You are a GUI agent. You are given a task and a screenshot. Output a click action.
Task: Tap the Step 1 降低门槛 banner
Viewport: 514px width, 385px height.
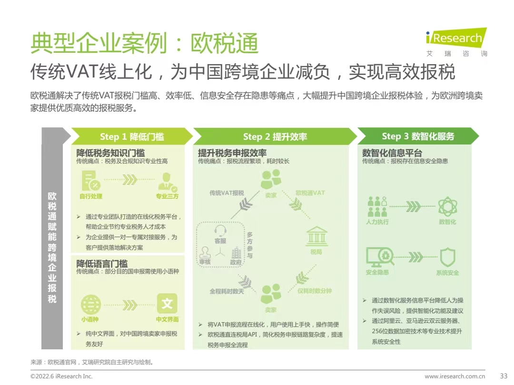pos(132,137)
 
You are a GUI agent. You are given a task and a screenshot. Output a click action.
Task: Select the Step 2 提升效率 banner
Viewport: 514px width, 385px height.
pos(275,137)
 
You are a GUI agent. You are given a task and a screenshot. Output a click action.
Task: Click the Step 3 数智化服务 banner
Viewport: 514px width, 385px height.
pos(418,136)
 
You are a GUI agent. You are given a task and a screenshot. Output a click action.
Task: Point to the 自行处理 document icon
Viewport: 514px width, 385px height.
pos(90,181)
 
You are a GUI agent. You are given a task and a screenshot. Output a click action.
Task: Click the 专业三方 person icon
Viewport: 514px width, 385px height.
pos(167,181)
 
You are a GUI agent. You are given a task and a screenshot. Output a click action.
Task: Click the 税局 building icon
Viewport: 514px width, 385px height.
pos(316,237)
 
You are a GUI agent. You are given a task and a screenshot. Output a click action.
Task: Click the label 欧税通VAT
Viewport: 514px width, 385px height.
pos(310,193)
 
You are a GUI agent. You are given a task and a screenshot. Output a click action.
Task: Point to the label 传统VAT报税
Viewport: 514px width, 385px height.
pos(227,193)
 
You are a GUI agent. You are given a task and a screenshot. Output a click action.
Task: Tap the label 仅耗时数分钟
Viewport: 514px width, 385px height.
pos(315,291)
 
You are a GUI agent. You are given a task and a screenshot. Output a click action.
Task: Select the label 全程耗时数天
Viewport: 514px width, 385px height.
pos(227,291)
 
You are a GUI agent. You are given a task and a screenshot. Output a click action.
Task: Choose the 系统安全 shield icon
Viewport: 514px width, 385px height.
pos(447,258)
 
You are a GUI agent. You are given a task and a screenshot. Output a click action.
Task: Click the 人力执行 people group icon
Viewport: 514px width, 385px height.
pos(377,207)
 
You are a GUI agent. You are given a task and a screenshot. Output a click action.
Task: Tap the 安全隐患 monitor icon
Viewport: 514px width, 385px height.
pos(377,258)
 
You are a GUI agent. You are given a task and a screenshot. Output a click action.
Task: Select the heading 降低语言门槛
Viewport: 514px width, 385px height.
pos(102,263)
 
